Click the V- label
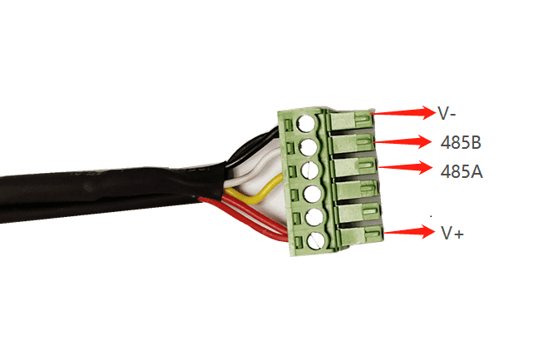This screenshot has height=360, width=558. (447, 114)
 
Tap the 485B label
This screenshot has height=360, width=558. (461, 143)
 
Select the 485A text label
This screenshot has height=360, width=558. (462, 172)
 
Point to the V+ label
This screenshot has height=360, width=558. (452, 234)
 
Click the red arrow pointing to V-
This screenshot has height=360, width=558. (403, 113)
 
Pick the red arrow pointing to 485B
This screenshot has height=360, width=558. (402, 141)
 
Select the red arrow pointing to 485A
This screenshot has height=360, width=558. (405, 168)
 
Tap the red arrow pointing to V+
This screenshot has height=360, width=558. (410, 232)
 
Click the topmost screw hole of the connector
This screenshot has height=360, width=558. (306, 123)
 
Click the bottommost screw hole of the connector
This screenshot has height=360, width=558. (316, 242)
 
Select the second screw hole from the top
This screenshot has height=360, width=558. (309, 147)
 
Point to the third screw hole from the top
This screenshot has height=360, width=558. (310, 170)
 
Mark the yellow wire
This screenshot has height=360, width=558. (254, 195)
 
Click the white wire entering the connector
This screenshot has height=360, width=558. (249, 170)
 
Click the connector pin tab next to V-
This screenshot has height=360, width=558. (351, 120)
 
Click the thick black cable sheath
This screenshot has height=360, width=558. (106, 192)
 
